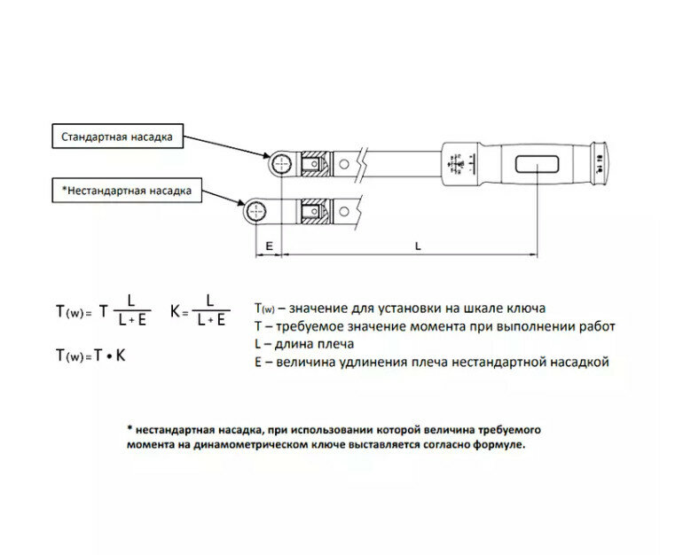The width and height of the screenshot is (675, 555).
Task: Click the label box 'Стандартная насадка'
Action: click(x=116, y=138)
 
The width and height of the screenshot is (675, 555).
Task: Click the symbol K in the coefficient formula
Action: click(x=175, y=312)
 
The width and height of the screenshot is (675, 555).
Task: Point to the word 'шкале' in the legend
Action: click(x=469, y=309)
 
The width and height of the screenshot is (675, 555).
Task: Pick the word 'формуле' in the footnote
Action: click(x=502, y=445)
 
